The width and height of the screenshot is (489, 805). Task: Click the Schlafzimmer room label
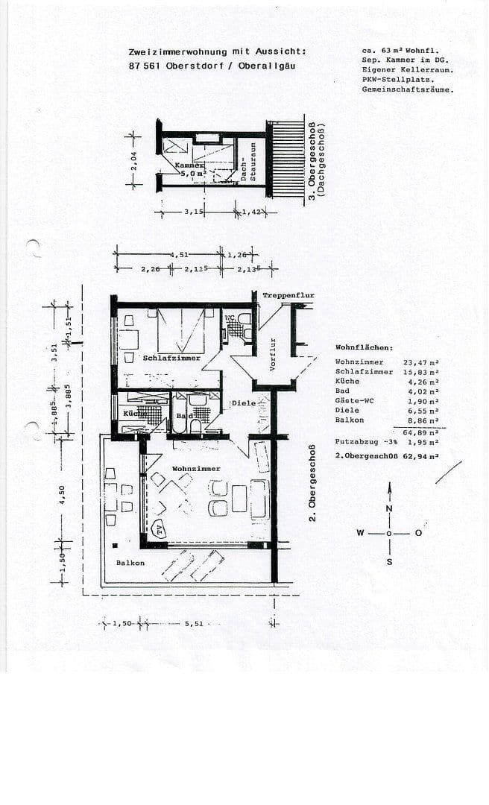click(x=171, y=358)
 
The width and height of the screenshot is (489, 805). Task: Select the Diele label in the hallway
click(x=243, y=403)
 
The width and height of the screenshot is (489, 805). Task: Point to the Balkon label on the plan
click(x=130, y=563)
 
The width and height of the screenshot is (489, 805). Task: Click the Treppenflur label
click(x=288, y=296)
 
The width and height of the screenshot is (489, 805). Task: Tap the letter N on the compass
click(x=388, y=508)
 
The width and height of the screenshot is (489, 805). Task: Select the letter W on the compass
click(x=360, y=533)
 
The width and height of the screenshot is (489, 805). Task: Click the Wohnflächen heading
click(x=365, y=348)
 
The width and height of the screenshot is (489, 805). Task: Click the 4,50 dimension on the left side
click(x=62, y=495)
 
